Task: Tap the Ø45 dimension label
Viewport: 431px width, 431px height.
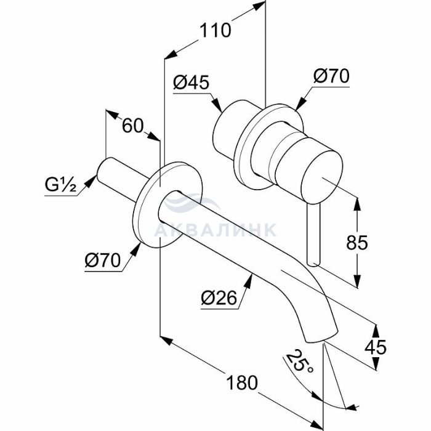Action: (191, 83)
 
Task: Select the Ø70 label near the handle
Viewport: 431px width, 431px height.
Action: (331, 76)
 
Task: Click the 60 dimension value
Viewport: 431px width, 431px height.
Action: (132, 126)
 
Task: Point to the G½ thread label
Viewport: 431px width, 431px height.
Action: (60, 185)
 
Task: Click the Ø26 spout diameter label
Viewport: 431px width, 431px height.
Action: (219, 299)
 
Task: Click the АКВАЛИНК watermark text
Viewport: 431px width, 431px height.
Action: (215, 230)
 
